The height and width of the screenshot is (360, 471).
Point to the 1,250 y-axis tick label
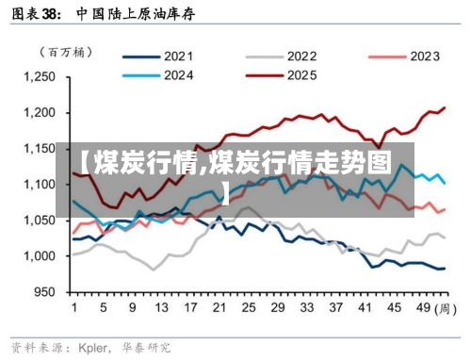pyautogui.click(x=41, y=77)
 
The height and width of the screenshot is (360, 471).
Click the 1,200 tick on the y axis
pyautogui.click(x=41, y=113)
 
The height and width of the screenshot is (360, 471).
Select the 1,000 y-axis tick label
pyautogui.click(x=41, y=256)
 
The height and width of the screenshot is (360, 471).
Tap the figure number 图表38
pyautogui.click(x=34, y=13)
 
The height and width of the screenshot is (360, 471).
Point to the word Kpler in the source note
pyautogui.click(x=93, y=346)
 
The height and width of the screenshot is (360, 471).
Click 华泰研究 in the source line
pyautogui.click(x=144, y=346)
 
